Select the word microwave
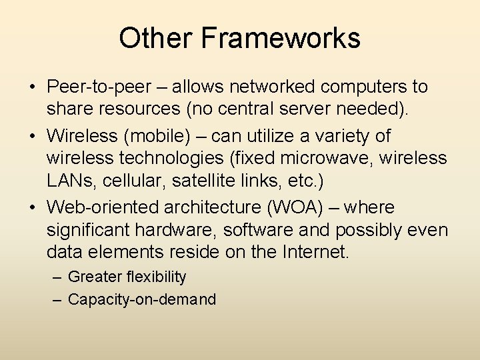click(x=331, y=159)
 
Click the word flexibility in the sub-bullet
click(x=155, y=277)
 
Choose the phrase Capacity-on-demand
click(x=142, y=299)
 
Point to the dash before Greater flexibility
click(x=57, y=277)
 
